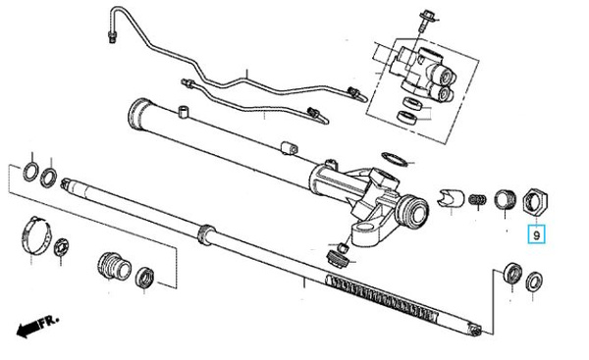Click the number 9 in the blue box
[536, 235]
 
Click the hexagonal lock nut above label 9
[536, 201]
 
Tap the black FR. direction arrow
[27, 329]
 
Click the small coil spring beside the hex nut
[477, 199]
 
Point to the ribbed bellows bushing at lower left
[114, 266]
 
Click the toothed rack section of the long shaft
[383, 296]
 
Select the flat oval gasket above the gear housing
[395, 159]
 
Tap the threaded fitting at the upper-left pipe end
[111, 37]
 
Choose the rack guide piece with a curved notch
[450, 198]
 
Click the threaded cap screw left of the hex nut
[506, 199]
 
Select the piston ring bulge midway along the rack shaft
[206, 234]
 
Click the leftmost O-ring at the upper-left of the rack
[30, 172]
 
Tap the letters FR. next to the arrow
[50, 322]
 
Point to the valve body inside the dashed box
[422, 74]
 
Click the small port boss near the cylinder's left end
[183, 112]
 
